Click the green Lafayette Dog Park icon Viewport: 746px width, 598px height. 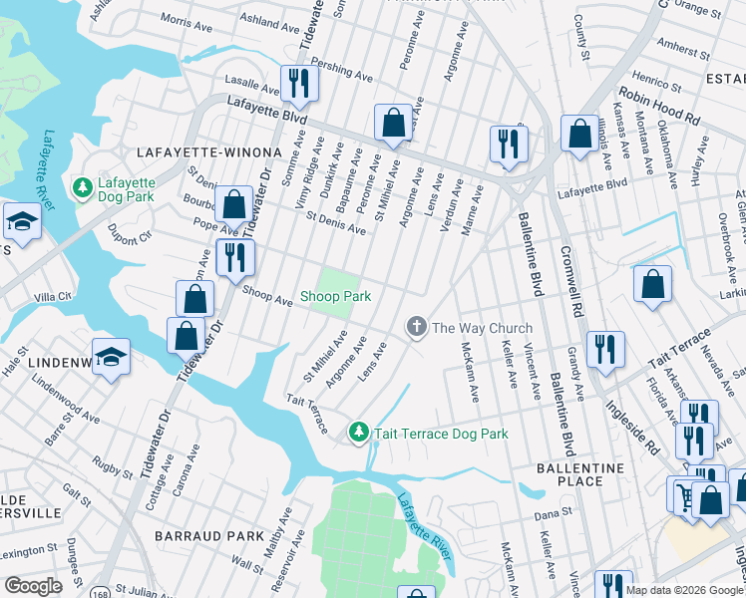pyautogui.click(x=82, y=186)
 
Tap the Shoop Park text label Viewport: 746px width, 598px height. pyautogui.click(x=336, y=297)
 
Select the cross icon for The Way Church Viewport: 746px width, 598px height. pyautogui.click(x=416, y=327)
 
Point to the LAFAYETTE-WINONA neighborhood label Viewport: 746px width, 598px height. pyautogui.click(x=191, y=151)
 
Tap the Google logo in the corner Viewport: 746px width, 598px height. pyautogui.click(x=33, y=586)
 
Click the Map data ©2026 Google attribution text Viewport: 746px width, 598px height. pyautogui.click(x=684, y=590)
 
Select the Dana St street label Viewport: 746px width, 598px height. pyautogui.click(x=552, y=515)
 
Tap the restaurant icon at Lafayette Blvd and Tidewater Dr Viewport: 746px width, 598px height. pyautogui.click(x=298, y=83)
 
